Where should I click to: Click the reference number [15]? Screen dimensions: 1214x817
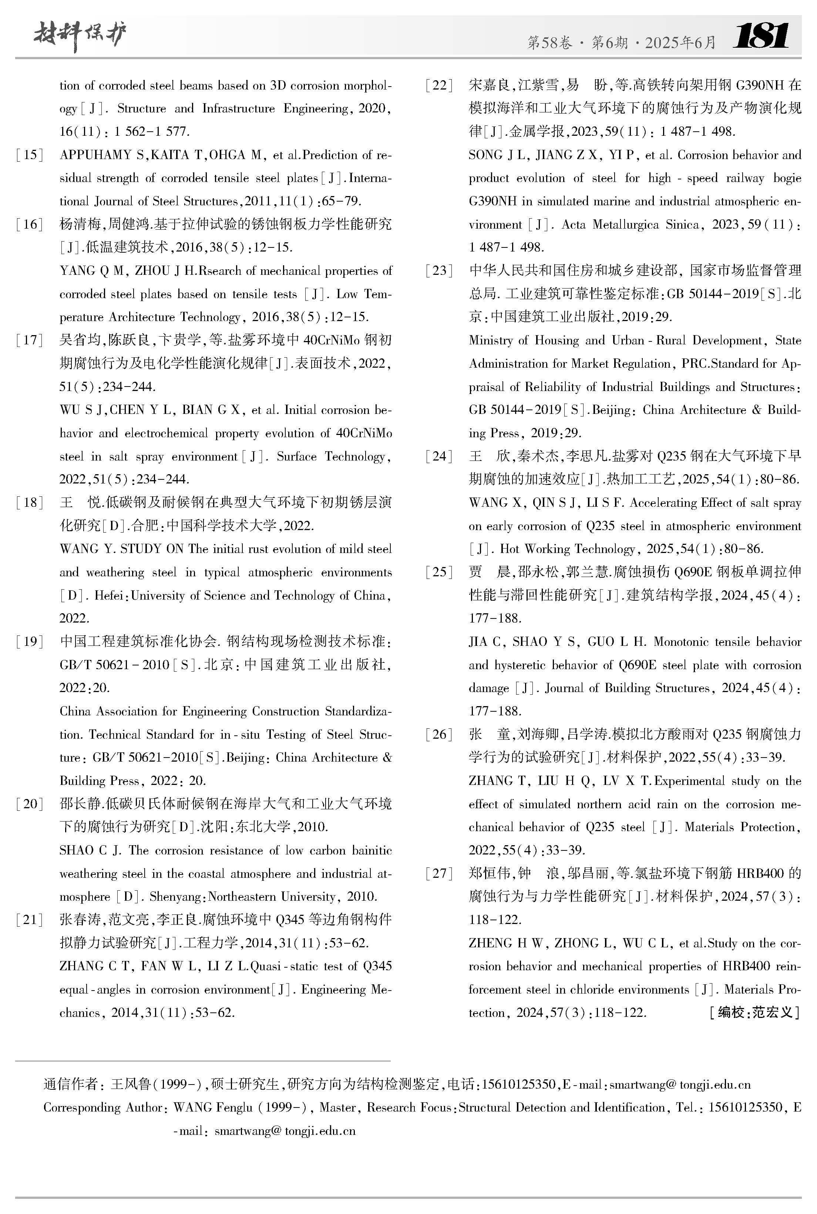coord(30,155)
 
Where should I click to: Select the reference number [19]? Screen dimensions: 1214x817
coord(30,641)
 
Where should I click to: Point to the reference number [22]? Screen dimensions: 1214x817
coord(439,85)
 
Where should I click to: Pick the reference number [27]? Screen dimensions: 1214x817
coord(439,873)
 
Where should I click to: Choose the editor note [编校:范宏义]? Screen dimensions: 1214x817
coord(754,1012)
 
